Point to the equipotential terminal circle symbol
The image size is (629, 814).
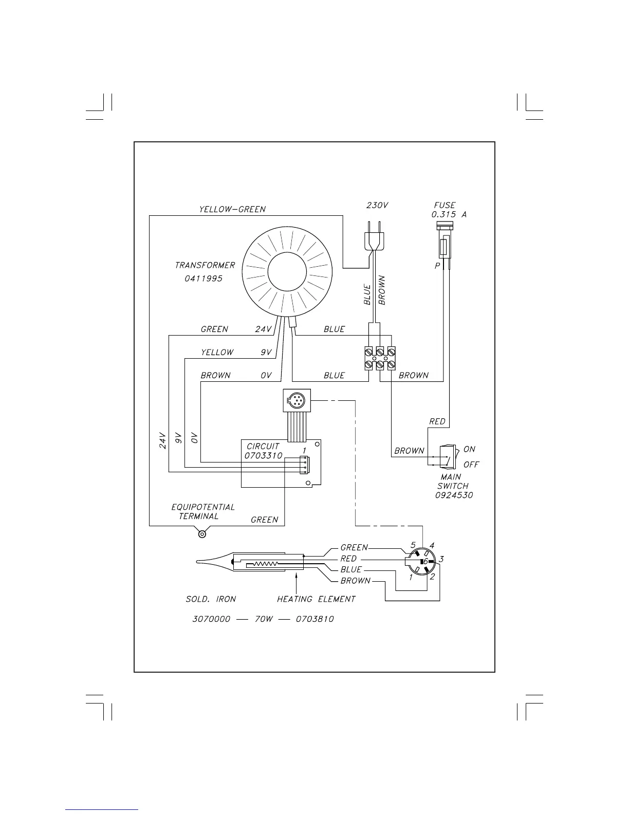coord(202,534)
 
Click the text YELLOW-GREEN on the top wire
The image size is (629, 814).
coord(232,209)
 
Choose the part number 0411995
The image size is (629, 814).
coord(203,279)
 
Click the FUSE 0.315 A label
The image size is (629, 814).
coord(448,210)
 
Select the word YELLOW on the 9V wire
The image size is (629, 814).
coord(217,353)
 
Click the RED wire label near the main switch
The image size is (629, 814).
coord(437,421)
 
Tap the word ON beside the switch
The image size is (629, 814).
coord(469,449)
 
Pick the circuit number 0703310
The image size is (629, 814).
coord(263,455)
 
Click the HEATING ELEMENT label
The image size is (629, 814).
coord(316,599)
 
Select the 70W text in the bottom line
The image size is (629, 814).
coord(263,619)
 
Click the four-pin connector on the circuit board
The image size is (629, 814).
coord(304,465)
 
